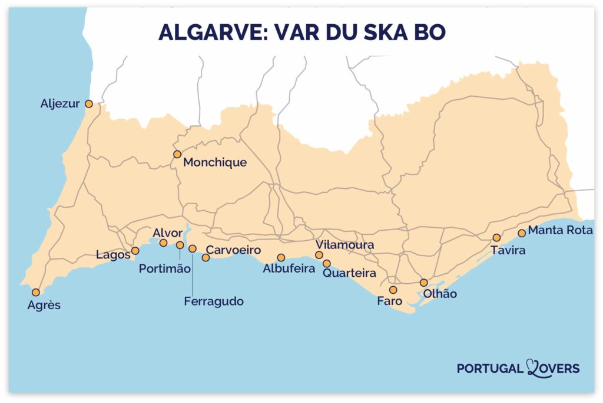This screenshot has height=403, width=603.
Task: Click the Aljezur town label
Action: click(x=59, y=104)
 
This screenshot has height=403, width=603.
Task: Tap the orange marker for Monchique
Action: click(x=177, y=154)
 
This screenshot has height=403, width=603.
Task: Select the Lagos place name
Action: click(x=112, y=255)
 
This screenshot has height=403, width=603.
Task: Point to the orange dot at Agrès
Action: click(x=36, y=292)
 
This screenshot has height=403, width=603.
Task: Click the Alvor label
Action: click(x=167, y=232)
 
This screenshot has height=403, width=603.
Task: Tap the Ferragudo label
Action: click(x=213, y=301)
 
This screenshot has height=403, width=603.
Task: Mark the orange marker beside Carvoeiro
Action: click(x=206, y=257)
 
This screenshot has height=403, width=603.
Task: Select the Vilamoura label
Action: click(x=344, y=245)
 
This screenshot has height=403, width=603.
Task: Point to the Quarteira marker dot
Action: click(x=326, y=263)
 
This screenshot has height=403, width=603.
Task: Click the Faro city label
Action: click(x=390, y=301)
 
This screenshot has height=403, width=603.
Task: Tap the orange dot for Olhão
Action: click(x=423, y=283)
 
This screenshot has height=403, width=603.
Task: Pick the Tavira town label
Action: click(x=508, y=250)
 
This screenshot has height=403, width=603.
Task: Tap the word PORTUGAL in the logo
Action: click(x=489, y=369)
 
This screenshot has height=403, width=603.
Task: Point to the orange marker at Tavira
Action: click(x=496, y=237)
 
